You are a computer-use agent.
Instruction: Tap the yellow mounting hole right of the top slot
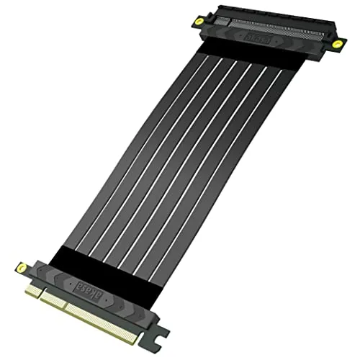click(336, 44)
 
